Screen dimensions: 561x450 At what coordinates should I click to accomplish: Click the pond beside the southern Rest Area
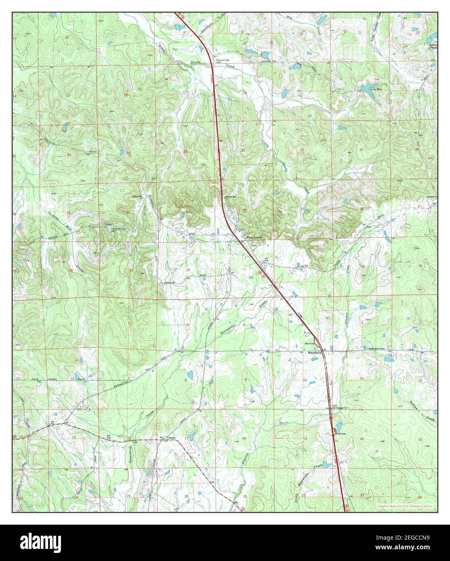pos(338,426)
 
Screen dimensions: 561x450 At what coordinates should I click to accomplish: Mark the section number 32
pos(188,270)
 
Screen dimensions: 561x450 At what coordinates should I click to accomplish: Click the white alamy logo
pos(40,542)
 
